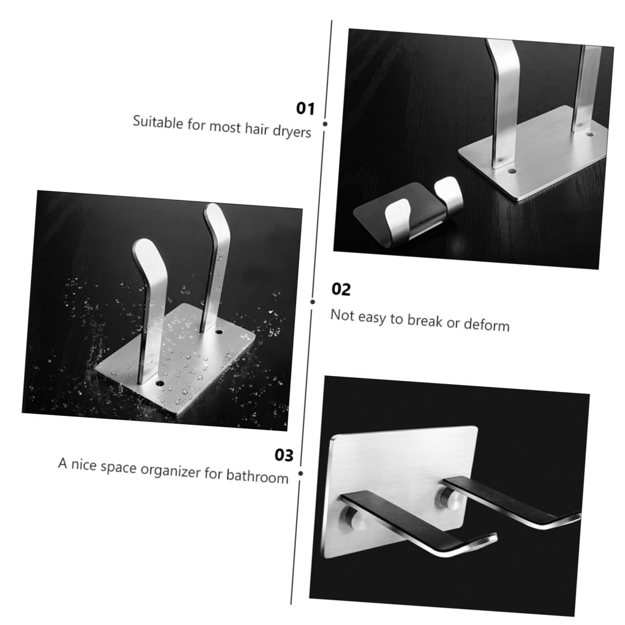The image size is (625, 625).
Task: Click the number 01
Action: click(x=306, y=108)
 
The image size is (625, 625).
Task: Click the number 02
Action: click(x=341, y=290)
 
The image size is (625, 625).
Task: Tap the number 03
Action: click(x=284, y=455)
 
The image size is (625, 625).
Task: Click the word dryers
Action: click(x=292, y=132)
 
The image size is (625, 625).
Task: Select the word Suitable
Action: click(x=156, y=121)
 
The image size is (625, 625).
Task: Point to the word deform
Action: click(x=486, y=325)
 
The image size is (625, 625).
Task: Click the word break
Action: click(x=425, y=321)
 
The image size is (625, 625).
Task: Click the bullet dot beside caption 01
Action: click(x=325, y=124)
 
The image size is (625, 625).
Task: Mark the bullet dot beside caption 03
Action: click(x=300, y=473)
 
